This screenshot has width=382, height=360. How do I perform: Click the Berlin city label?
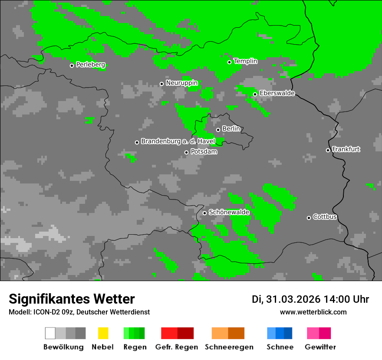[231, 129]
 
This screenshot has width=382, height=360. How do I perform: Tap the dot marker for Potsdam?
[186, 152]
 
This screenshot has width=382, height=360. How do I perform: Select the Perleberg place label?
[90, 65]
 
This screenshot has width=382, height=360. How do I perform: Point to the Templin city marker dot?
[229, 62]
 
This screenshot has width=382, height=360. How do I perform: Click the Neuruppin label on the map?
[181, 83]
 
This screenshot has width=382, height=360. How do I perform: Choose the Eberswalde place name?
[277, 93]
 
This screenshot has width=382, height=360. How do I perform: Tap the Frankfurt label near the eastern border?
[346, 149]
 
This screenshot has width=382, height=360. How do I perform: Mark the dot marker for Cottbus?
[309, 218]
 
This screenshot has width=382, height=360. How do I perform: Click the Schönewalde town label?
[229, 212]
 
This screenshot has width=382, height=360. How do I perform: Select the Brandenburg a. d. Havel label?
[178, 141]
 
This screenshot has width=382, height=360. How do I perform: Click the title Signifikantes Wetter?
[72, 299]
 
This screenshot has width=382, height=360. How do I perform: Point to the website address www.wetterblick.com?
[313, 312]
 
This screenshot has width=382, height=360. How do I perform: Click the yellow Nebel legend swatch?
[103, 333]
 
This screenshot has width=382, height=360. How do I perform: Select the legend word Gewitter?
[320, 347]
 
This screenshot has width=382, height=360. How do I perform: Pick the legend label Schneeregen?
[229, 347]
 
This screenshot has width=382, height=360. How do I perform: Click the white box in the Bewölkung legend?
[50, 333]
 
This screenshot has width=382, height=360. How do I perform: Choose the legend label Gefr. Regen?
[176, 347]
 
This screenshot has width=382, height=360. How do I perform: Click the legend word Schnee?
[280, 347]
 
